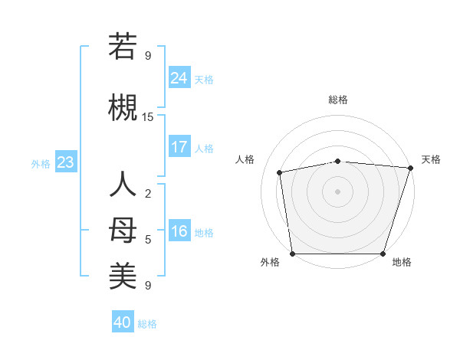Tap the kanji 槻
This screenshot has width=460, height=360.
point(123,107)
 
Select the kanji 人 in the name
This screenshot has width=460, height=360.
point(123,186)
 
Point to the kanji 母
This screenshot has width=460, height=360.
point(123,231)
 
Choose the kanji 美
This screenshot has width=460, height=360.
point(123,277)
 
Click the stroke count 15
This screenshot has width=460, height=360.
point(148,116)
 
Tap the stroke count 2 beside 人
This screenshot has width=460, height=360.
point(148,193)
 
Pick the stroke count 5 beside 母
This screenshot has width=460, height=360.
point(148,240)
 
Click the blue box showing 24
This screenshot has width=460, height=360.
point(179,77)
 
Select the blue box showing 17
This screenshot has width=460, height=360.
point(179,146)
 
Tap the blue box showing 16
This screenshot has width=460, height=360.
point(179,231)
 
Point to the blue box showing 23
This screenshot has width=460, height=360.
point(65,162)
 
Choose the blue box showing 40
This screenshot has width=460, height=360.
point(122,322)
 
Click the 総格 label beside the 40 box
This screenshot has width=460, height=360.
point(147,324)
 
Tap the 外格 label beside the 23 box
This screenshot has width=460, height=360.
point(41,163)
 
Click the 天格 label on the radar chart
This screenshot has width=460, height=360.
point(431,159)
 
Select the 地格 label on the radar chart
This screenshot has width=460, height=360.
point(402,263)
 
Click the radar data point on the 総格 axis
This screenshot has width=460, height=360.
point(337,161)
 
